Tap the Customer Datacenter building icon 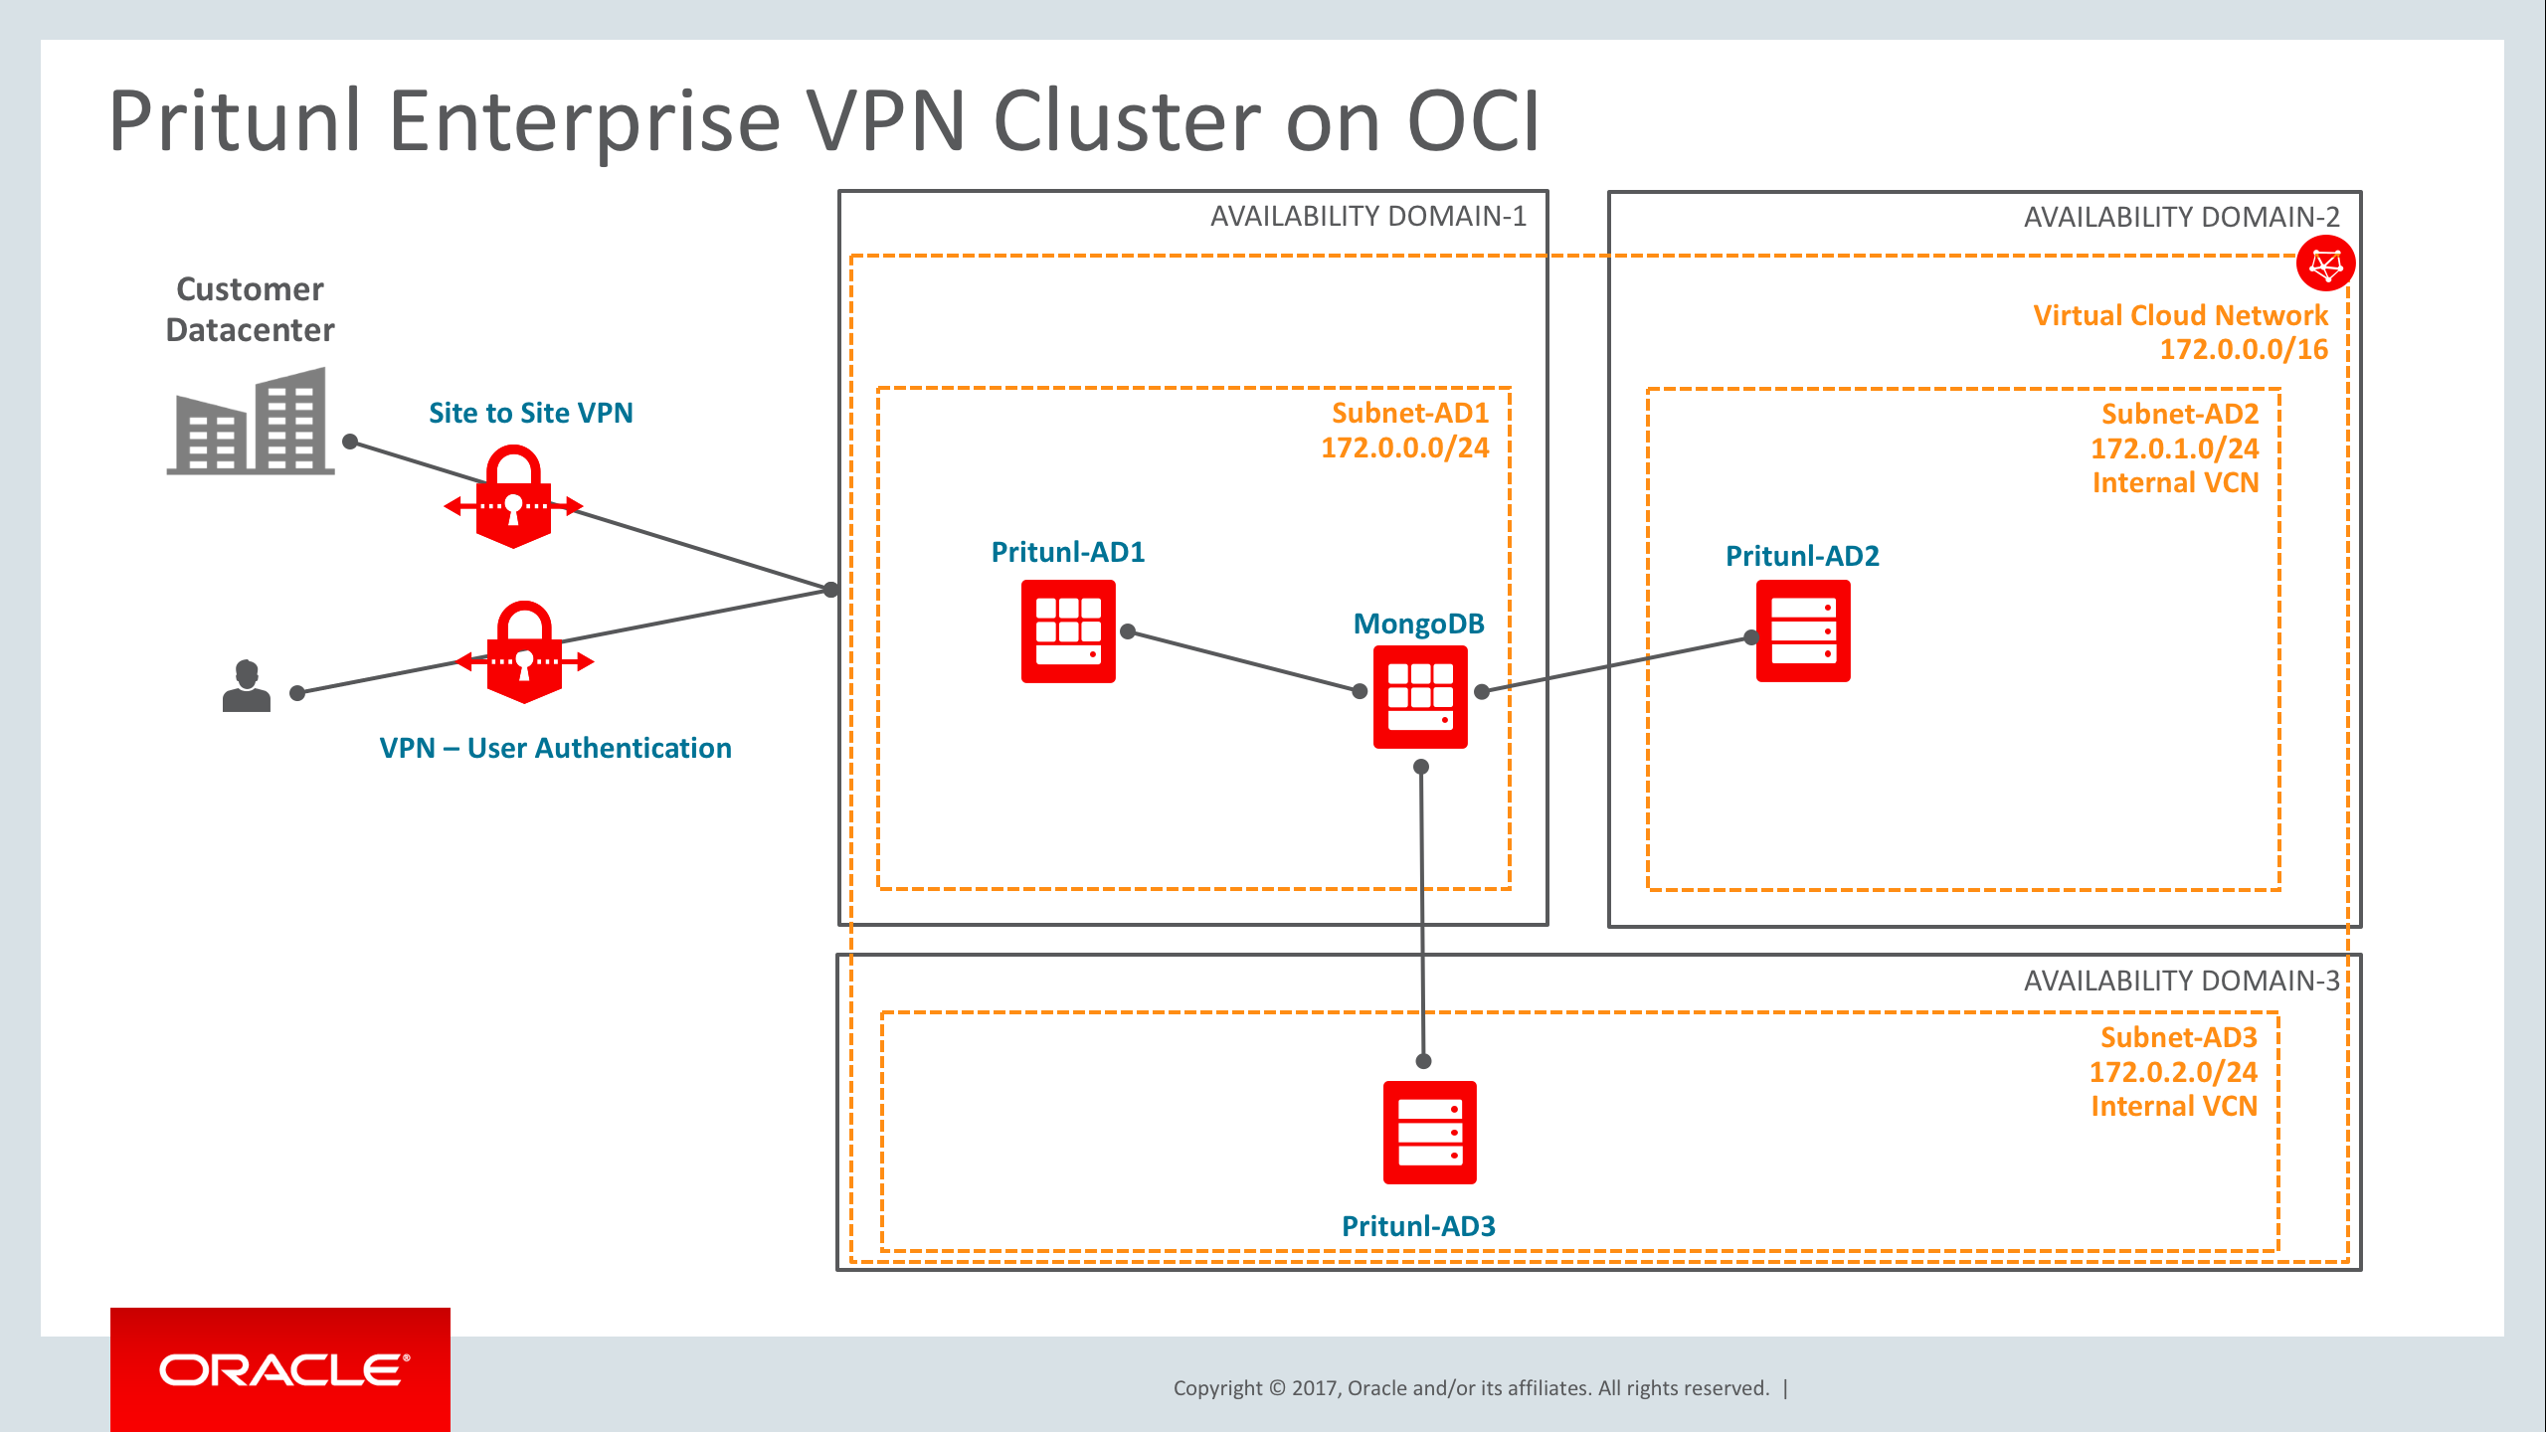click(251, 422)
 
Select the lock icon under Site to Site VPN click(513, 497)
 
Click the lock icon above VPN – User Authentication click(524, 653)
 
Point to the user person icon click(247, 686)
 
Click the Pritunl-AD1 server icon click(1068, 631)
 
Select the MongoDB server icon click(1420, 696)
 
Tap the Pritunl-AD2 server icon click(1803, 631)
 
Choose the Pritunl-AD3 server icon click(1429, 1133)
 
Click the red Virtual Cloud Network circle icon click(2325, 264)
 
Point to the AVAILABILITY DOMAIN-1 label click(1367, 217)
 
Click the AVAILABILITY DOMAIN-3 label click(2181, 982)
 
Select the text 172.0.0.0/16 click(2244, 350)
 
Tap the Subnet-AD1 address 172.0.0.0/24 click(1404, 447)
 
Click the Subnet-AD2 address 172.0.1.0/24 click(2174, 448)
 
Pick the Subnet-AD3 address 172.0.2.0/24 click(2173, 1072)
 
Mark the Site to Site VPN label click(530, 413)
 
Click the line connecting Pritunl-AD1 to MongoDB click(1243, 661)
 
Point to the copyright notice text click(1471, 1388)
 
